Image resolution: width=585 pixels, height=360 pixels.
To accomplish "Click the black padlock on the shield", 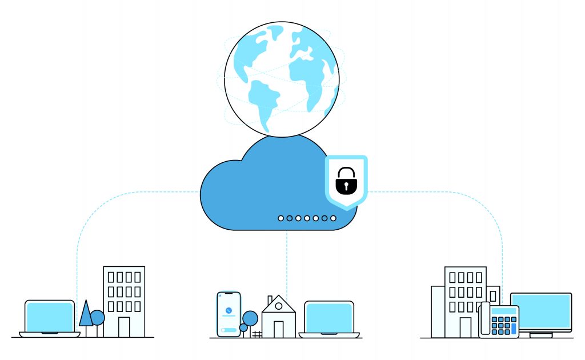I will click(346, 180).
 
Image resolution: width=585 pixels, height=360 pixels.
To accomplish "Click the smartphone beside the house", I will click(229, 314).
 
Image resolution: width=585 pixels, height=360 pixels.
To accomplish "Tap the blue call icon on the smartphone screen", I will click(229, 310).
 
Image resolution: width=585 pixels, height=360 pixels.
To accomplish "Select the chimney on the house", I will click(270, 299).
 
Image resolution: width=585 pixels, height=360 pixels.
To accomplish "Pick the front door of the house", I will click(278, 329).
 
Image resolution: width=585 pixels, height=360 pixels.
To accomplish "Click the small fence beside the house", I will click(257, 334).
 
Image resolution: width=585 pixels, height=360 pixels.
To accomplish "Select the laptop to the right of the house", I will click(328, 318).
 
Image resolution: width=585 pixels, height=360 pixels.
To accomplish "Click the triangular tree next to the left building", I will click(86, 313).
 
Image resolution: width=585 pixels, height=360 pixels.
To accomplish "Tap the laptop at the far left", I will click(50, 318).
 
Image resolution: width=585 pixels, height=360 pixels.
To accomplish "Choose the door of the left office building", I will click(124, 327).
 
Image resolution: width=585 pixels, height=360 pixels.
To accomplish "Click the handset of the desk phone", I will click(484, 319).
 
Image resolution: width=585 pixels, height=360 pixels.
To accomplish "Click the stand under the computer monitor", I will click(540, 334).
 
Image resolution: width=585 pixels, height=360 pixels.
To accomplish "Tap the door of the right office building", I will click(466, 327).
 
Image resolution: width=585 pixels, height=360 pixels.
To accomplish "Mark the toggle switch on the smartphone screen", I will click(227, 330).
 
